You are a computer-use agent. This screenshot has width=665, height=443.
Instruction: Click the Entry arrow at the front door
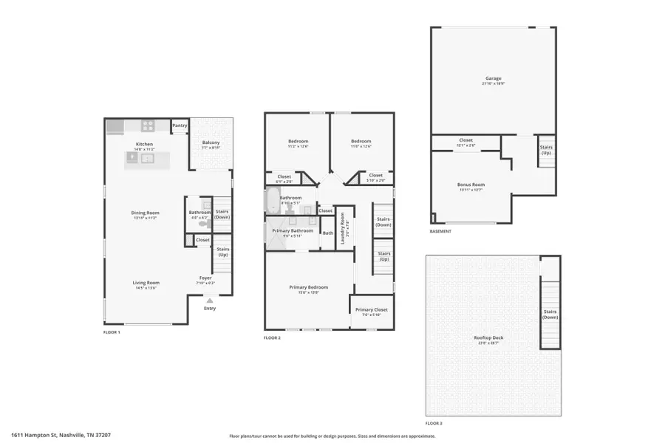[210, 301]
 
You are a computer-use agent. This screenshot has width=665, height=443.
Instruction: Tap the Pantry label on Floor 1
[180, 126]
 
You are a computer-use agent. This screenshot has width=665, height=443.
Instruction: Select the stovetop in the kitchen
[148, 126]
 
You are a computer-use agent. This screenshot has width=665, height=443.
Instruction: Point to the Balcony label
[211, 142]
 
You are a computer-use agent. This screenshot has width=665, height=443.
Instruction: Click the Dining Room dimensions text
[146, 219]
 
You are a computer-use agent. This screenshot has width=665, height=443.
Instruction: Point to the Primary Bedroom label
[308, 287]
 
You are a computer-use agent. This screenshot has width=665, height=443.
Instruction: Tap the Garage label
[493, 78]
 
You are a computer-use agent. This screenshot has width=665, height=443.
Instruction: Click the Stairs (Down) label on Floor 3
[550, 314]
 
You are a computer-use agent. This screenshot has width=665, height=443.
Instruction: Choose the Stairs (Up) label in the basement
[545, 150]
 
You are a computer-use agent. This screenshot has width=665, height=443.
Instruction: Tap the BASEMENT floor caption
[440, 231]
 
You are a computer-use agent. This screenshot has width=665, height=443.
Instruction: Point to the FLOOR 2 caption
[273, 337]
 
